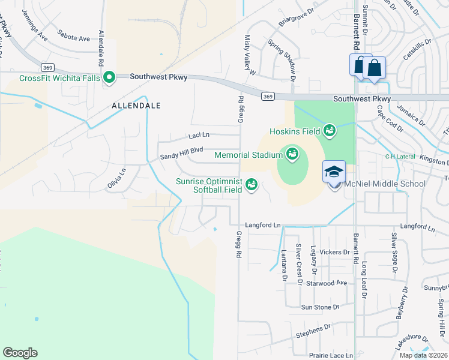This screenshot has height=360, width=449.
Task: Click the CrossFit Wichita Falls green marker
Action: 109,77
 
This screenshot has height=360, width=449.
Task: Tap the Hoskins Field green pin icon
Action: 330,129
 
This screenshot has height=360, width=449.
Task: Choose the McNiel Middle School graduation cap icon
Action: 334,172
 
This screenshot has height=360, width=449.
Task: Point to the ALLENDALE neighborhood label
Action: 136,106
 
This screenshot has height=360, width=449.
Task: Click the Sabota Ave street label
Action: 73,37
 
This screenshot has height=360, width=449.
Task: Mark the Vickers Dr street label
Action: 334,252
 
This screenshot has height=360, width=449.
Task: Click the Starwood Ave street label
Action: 327,283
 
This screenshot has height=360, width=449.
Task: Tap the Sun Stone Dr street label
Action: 320,307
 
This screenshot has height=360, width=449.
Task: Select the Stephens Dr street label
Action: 313,329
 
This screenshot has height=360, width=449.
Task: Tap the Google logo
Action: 20,353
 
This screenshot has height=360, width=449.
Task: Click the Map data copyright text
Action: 423,355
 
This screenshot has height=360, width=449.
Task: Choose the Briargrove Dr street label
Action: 297,17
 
